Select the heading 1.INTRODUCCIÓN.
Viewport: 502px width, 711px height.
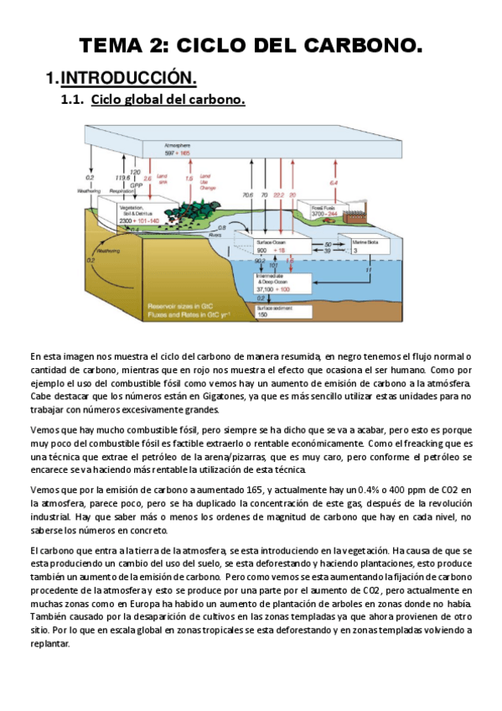coord(122,78)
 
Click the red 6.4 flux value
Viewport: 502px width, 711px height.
coord(334,182)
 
